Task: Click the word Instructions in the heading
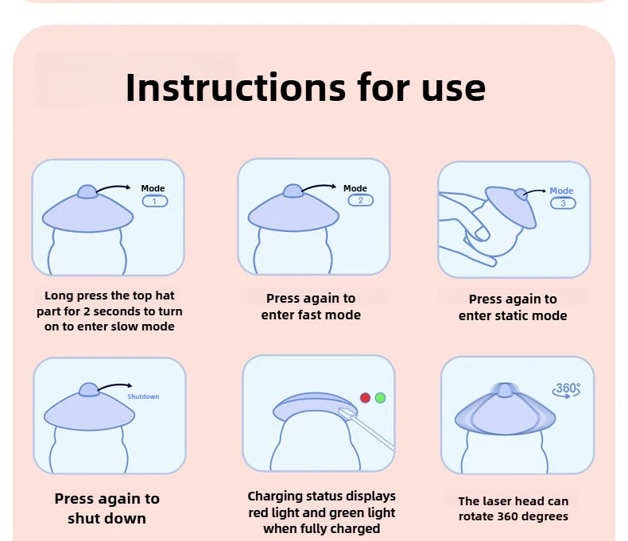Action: click(235, 87)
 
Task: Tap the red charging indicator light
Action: click(365, 398)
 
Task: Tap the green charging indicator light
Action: click(381, 398)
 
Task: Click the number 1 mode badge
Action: click(155, 201)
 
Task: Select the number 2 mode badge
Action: click(360, 200)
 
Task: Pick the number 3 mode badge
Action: click(563, 203)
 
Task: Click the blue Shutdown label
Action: click(143, 396)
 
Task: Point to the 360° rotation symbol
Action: click(566, 390)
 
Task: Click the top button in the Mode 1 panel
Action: click(87, 191)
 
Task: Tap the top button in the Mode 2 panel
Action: click(293, 191)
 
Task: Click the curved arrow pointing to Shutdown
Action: click(115, 385)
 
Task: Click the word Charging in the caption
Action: click(275, 497)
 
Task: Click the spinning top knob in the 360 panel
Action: click(505, 390)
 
